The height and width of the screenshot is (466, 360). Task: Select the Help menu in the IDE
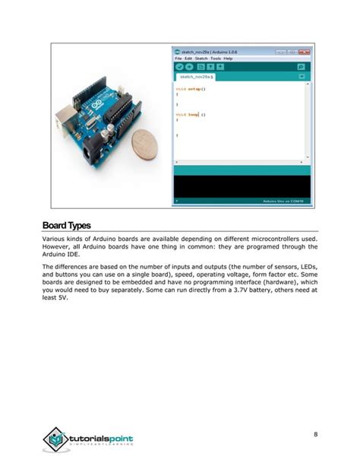coord(229,58)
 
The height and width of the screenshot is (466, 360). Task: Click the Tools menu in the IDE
coord(216,58)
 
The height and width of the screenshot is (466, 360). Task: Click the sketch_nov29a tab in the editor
coord(196,77)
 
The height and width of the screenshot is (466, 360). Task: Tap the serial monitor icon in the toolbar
coord(302,67)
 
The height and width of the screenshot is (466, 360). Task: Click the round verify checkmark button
coord(179,67)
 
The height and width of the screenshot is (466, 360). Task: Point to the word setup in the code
coord(194,89)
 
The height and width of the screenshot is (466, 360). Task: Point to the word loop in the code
coord(193,115)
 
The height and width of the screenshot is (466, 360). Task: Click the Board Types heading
coord(67,226)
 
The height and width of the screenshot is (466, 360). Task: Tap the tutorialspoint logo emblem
coord(55,439)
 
